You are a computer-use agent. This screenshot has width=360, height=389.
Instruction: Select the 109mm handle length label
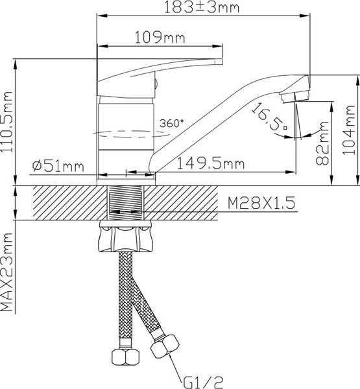[x=159, y=38]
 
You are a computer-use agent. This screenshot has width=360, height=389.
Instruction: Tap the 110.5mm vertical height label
[x=8, y=123]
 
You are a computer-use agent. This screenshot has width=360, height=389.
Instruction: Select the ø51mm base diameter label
[x=58, y=166]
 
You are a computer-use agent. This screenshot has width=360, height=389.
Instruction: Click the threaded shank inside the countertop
[x=126, y=202]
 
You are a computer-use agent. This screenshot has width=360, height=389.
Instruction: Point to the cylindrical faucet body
[x=126, y=136]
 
